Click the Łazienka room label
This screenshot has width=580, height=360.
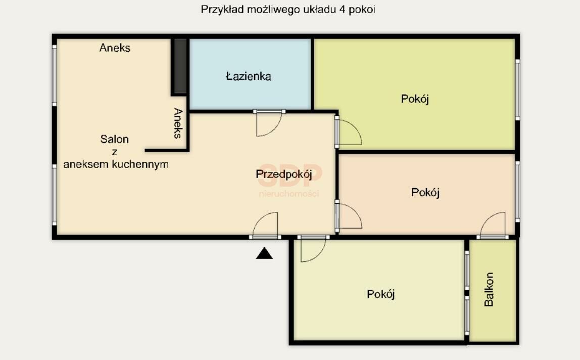click(x=249, y=76)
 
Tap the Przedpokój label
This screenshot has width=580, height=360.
click(x=284, y=174)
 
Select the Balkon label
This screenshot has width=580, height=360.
click(x=489, y=289)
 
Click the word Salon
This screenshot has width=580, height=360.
click(x=115, y=139)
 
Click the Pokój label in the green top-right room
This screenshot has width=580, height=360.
click(x=415, y=99)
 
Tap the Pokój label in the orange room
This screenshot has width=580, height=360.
click(x=425, y=193)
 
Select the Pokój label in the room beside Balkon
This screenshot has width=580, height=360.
click(x=381, y=294)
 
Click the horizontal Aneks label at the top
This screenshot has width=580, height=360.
click(x=115, y=48)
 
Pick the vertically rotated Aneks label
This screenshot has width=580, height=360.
click(x=178, y=123)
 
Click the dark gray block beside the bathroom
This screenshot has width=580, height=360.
click(x=180, y=66)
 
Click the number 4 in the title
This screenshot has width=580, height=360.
click(x=343, y=9)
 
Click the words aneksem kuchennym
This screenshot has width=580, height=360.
click(x=116, y=164)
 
